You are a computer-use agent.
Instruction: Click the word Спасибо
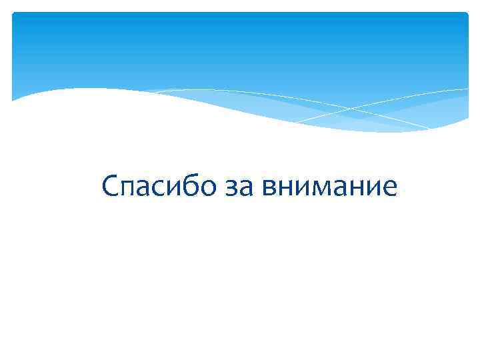coord(159,186)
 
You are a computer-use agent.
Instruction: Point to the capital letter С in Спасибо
coord(111,186)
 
